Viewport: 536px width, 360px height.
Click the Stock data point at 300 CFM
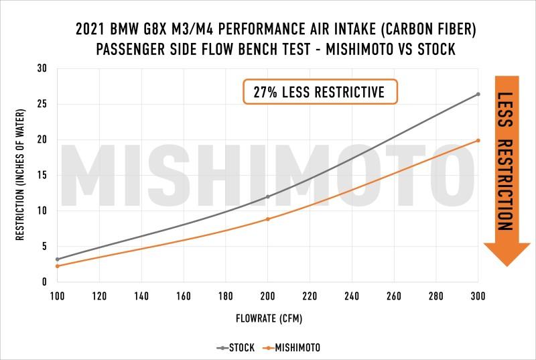(478, 94)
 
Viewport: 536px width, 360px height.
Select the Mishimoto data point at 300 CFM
(478, 140)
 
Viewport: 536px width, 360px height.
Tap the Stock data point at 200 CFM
(268, 196)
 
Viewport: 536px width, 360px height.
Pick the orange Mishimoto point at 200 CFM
(268, 219)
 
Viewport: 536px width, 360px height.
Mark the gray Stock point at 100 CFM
(58, 259)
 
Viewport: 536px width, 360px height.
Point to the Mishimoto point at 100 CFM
(58, 266)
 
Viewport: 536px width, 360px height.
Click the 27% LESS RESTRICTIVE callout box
(320, 92)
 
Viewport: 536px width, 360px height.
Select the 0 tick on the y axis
(44, 282)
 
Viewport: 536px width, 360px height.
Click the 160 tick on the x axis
(184, 296)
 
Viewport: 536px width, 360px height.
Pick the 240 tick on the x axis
(352, 296)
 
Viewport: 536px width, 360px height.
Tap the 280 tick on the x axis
(435, 296)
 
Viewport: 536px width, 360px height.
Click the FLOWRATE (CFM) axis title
(267, 319)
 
